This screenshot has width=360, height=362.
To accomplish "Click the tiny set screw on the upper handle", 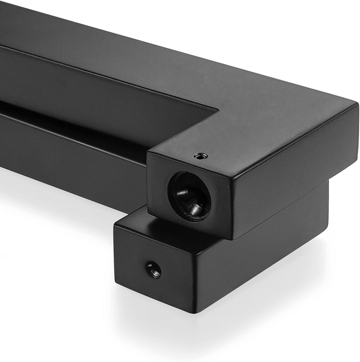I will pos(201,156).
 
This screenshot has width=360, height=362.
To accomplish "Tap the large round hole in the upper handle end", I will pos(189,197).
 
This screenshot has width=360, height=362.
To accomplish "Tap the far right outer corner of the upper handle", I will pos(357,105).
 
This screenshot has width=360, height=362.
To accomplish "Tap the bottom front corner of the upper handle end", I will pos(233,239).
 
